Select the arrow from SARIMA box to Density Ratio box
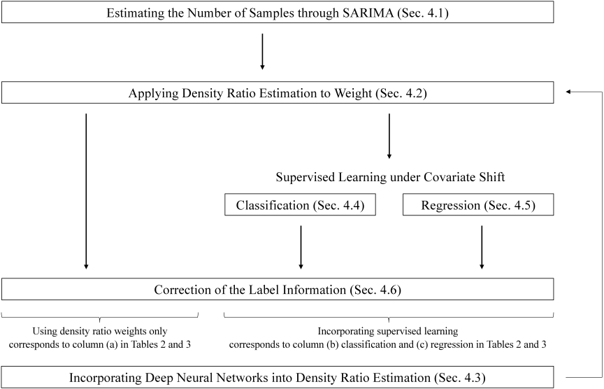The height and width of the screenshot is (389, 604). [262, 52]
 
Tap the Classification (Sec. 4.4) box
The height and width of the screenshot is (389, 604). [300, 205]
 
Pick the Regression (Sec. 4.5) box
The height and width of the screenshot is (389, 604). [478, 205]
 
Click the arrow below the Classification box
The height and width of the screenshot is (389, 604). [301, 247]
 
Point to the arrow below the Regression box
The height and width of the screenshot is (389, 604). [482, 247]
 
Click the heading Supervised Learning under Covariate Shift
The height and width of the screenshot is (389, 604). [390, 177]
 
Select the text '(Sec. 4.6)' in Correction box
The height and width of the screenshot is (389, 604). [375, 290]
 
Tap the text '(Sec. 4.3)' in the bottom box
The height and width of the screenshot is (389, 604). [460, 378]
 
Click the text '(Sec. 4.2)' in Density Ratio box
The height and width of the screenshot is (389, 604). [401, 93]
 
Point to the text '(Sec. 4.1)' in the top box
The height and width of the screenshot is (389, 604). [423, 13]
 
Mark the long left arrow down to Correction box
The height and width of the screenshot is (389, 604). [86, 191]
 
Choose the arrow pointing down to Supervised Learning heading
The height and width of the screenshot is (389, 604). [389, 136]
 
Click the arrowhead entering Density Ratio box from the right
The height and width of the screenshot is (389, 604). [568, 92]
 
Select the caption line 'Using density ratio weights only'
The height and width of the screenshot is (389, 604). [100, 331]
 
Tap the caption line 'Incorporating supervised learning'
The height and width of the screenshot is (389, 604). [388, 331]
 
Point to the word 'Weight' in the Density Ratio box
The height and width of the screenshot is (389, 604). [353, 93]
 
